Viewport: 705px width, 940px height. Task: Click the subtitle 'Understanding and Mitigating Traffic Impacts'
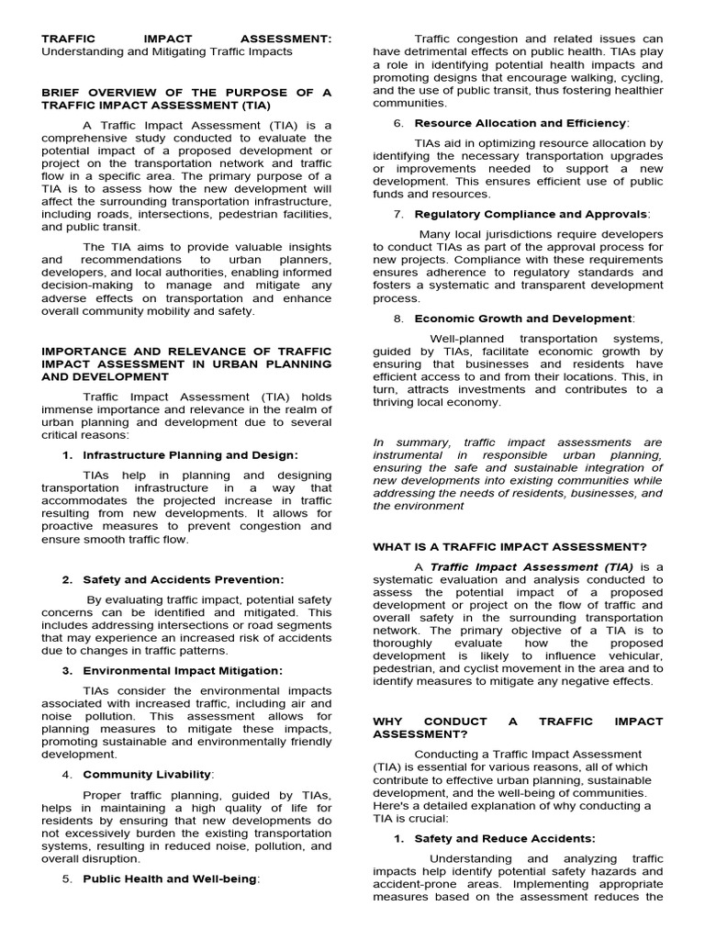(x=166, y=52)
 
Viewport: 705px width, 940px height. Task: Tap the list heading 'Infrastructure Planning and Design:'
(x=190, y=455)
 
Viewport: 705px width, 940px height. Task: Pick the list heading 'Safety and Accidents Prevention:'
(x=184, y=580)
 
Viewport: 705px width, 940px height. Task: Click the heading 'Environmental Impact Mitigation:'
(x=183, y=671)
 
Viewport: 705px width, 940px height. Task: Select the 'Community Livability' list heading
(x=147, y=775)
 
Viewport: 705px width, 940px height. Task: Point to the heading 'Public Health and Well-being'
(x=171, y=878)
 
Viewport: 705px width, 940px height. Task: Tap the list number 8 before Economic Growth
(x=397, y=319)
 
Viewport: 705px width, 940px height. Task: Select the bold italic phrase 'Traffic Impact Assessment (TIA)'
(x=532, y=567)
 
